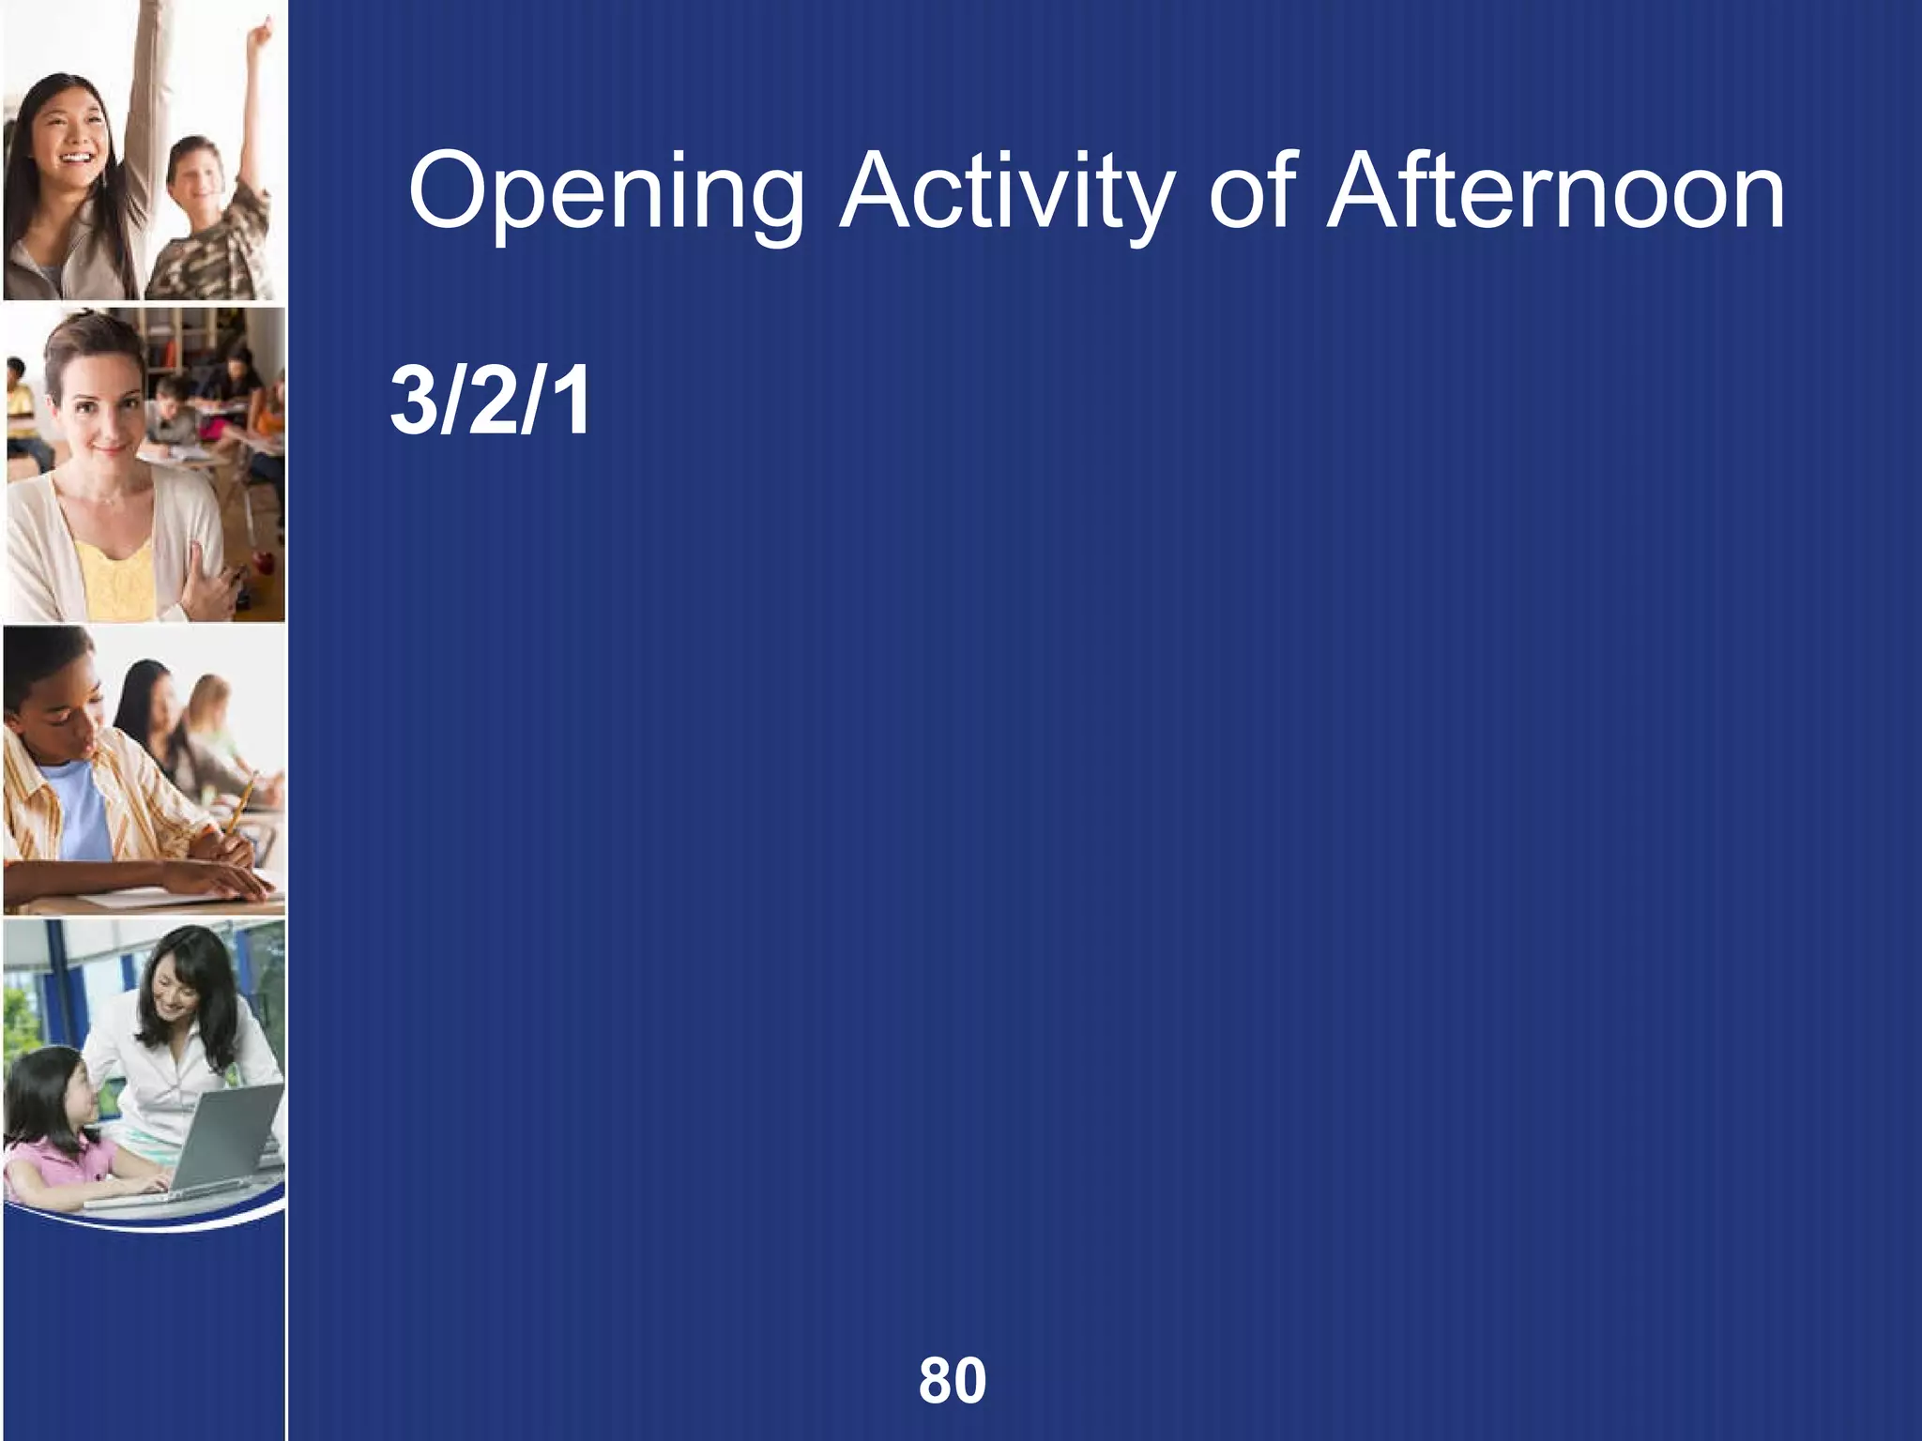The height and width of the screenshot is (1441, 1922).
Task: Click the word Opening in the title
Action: click(x=606, y=195)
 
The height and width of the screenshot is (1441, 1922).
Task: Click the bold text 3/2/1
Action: click(x=490, y=402)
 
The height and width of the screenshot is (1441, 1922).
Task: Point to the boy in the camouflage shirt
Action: click(x=202, y=225)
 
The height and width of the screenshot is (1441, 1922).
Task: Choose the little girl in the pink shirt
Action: click(x=56, y=1135)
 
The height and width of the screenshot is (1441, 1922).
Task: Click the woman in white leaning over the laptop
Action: click(x=188, y=1032)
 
